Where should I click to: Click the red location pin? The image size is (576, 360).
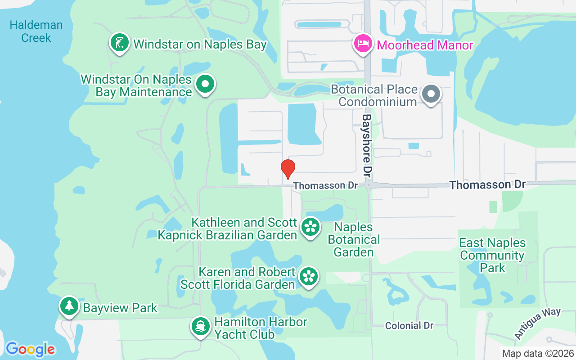pos(288,168)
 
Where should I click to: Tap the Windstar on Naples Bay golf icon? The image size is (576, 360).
pos(119,43)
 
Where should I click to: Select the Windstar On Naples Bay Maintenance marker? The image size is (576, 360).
pos(206,84)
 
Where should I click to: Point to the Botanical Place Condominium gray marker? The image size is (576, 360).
pos(431,94)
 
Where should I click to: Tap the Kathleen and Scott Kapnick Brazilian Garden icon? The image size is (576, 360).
pos(310,227)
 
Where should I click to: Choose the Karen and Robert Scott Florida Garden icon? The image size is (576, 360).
pos(309,276)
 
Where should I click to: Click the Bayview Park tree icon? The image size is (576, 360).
pos(69,306)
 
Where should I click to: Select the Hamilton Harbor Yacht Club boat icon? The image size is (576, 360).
pos(201,326)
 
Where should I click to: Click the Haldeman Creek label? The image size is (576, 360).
pos(36,31)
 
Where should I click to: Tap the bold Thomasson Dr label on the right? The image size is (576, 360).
pos(487,184)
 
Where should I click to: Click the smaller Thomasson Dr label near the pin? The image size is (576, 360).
pos(325,185)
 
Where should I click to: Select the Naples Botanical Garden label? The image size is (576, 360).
pos(354,239)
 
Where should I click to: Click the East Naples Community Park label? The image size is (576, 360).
pos(492,255)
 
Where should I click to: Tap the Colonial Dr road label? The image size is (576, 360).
pos(409,325)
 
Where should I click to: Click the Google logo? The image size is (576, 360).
pos(30,349)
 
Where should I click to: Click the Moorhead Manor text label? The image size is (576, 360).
pos(425,45)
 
